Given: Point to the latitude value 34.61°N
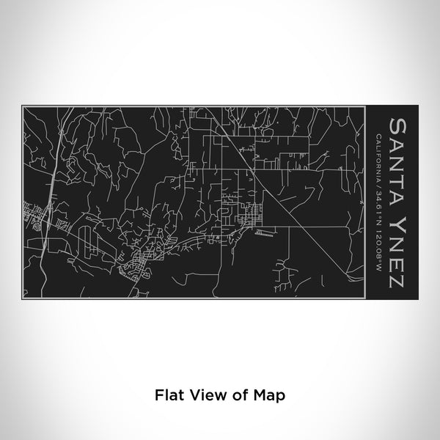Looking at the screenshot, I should click(x=377, y=203).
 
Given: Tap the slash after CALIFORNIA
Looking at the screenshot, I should click(x=377, y=183).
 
